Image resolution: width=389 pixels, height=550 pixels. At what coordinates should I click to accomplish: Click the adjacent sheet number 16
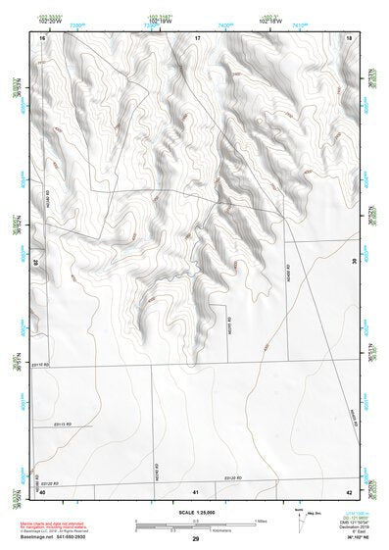pyautogui.click(x=43, y=37)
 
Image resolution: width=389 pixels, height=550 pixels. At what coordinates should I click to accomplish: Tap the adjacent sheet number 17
pyautogui.click(x=197, y=37)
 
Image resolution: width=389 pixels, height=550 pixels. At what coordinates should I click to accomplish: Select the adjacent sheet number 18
pyautogui.click(x=350, y=37)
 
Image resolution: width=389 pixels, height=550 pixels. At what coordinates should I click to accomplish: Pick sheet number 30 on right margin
pyautogui.click(x=355, y=262)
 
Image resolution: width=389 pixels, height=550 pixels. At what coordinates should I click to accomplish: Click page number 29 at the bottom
pyautogui.click(x=196, y=540)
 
